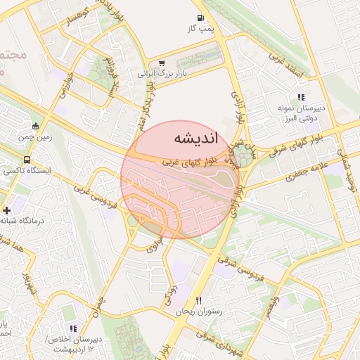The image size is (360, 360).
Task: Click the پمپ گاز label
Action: (200, 29)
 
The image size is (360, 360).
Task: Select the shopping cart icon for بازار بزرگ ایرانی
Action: (162, 63)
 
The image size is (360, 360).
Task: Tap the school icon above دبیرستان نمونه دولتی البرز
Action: (301, 97)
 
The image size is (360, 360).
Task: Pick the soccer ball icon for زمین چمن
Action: (35, 127)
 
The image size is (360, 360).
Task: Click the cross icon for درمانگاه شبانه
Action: (7, 210)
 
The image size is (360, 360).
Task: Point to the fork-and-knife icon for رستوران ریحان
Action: (199, 300)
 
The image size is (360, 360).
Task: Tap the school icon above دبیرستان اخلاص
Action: (72, 328)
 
